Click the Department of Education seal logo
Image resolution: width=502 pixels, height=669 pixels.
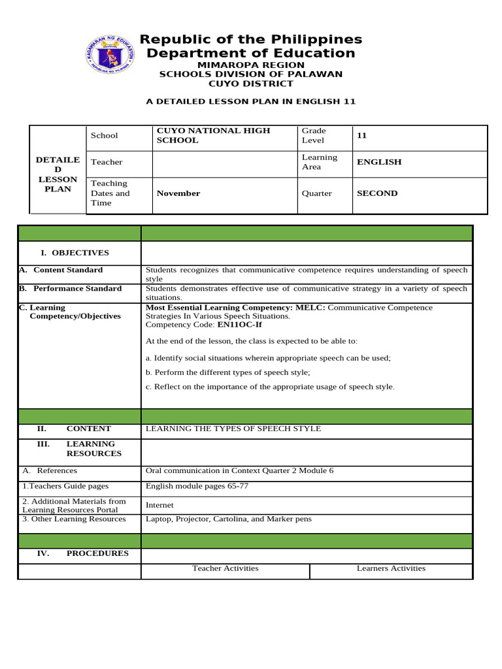click(110, 54)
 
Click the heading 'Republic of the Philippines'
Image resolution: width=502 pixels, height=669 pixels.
click(251, 40)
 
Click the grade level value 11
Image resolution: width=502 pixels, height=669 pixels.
click(361, 135)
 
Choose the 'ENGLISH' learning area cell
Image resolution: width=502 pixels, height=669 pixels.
click(379, 162)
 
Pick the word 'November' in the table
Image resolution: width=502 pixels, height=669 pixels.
click(178, 193)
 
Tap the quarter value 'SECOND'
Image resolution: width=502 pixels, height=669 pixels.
click(377, 193)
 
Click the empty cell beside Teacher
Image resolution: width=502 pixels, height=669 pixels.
click(225, 163)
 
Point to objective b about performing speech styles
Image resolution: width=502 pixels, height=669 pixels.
click(227, 372)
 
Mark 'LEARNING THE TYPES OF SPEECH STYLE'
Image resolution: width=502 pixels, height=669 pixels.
click(233, 429)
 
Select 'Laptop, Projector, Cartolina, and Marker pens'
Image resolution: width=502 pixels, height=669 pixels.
click(229, 519)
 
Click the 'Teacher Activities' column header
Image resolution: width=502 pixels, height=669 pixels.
click(226, 568)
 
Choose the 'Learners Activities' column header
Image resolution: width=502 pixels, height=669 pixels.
click(391, 568)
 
